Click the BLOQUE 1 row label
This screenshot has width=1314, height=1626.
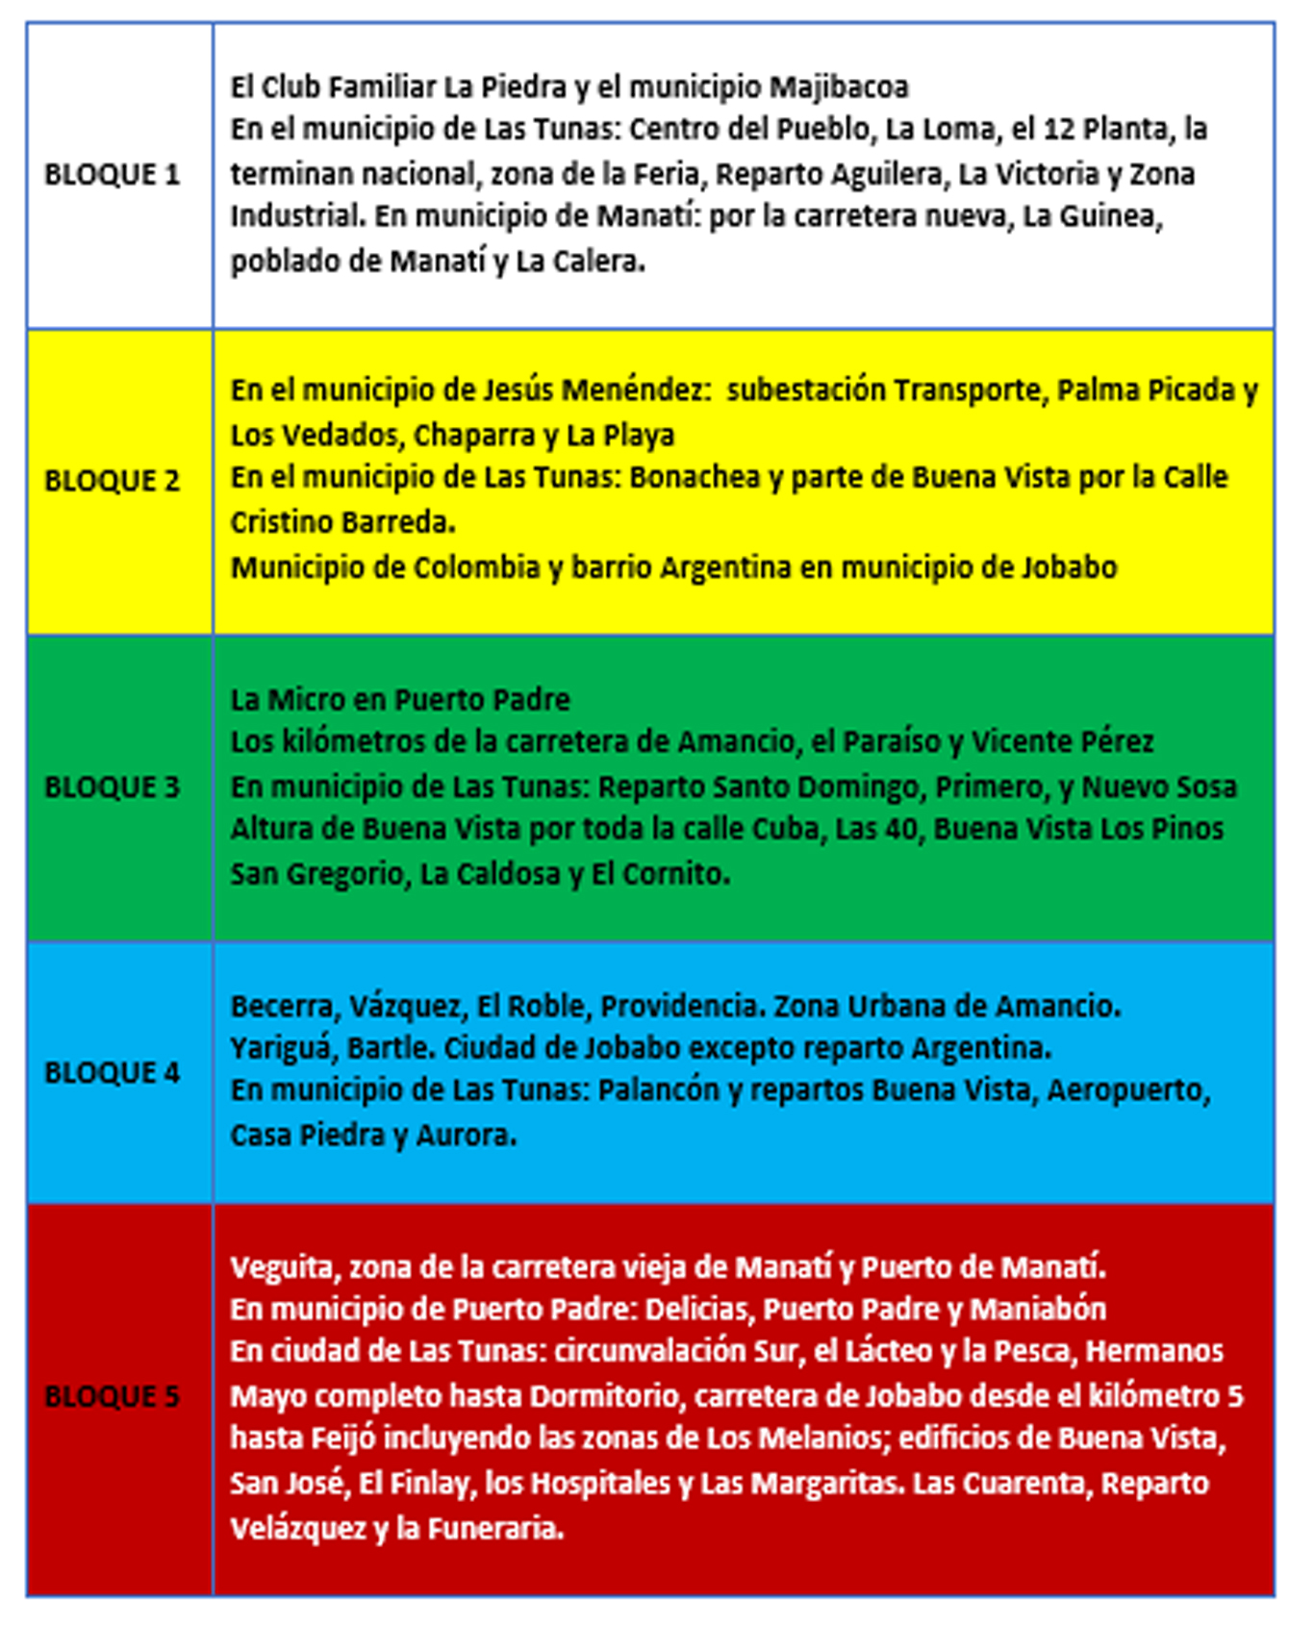(112, 174)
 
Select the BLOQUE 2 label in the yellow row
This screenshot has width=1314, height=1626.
(112, 480)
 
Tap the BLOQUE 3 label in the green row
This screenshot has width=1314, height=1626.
(112, 787)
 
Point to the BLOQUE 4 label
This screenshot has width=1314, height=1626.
(112, 1072)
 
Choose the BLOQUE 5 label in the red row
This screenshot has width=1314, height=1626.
(112, 1396)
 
